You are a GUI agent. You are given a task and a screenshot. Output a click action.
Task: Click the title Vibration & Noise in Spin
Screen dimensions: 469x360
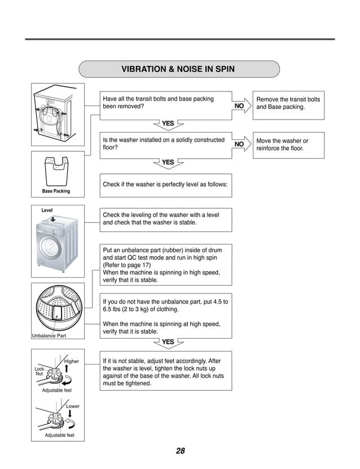(x=178, y=69)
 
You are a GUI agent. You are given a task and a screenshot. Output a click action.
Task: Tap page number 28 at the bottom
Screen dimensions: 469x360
(x=180, y=451)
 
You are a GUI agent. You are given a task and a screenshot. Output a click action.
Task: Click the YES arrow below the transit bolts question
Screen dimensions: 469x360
(x=168, y=124)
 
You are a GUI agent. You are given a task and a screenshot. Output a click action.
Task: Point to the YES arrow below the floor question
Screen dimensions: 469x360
(x=168, y=164)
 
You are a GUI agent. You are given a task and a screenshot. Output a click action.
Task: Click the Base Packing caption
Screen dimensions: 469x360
(x=56, y=191)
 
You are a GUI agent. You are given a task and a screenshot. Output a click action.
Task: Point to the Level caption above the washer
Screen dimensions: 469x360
(x=47, y=210)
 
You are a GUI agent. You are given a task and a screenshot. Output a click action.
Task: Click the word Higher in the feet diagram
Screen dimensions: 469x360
(x=72, y=361)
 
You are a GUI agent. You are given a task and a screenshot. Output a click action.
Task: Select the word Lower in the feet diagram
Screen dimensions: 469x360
(x=73, y=406)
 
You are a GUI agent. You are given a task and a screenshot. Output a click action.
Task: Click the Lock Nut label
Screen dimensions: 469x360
(x=39, y=371)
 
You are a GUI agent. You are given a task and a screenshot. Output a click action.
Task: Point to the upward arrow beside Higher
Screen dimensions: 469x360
(x=67, y=371)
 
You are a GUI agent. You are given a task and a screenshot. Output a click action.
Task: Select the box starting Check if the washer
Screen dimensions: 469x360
(x=165, y=185)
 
